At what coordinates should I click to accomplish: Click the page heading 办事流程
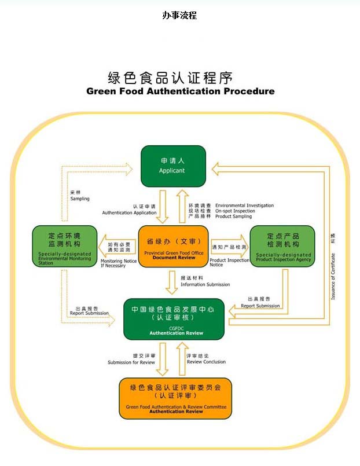click(x=179, y=16)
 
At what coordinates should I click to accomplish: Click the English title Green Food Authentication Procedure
click(x=180, y=91)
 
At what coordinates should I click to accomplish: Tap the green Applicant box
click(x=172, y=166)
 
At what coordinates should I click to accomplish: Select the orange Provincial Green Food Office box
click(x=174, y=247)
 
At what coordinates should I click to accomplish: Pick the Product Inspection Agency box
click(x=282, y=247)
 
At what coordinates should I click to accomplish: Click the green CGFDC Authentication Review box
click(x=174, y=319)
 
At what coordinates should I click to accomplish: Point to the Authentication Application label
click(x=129, y=213)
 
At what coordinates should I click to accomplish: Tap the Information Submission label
click(x=205, y=285)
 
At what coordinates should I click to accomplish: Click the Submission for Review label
click(x=131, y=362)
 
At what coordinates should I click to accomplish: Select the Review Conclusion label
click(x=207, y=362)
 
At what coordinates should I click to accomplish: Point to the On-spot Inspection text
click(x=235, y=211)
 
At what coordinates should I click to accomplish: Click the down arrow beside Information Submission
click(x=171, y=281)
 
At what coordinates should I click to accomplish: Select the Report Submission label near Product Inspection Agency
click(x=260, y=306)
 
